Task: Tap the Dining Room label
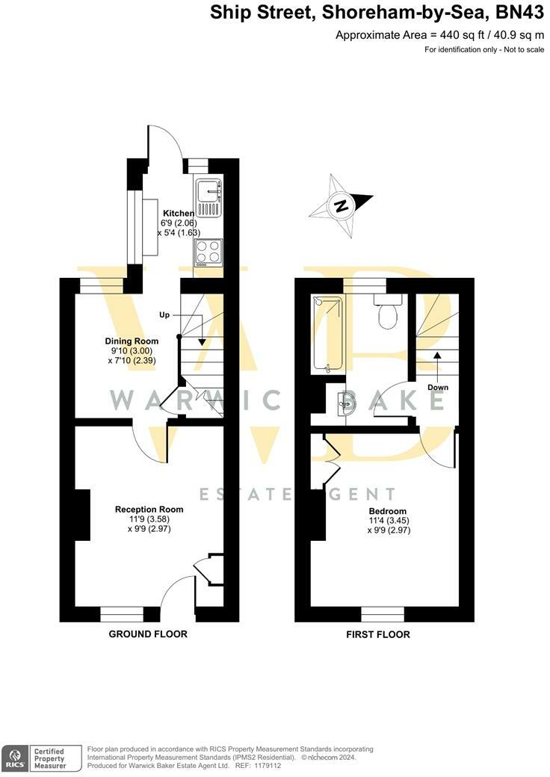click(x=132, y=341)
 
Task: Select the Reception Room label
click(x=149, y=510)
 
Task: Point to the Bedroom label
click(x=387, y=511)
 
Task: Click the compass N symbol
click(x=342, y=205)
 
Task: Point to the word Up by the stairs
click(x=166, y=315)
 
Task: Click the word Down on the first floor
click(x=438, y=387)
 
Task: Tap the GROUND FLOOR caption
click(x=148, y=634)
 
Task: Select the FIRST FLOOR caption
click(x=378, y=635)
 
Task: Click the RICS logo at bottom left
click(x=14, y=757)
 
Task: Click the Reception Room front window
click(x=122, y=614)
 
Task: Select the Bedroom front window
click(x=383, y=614)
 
